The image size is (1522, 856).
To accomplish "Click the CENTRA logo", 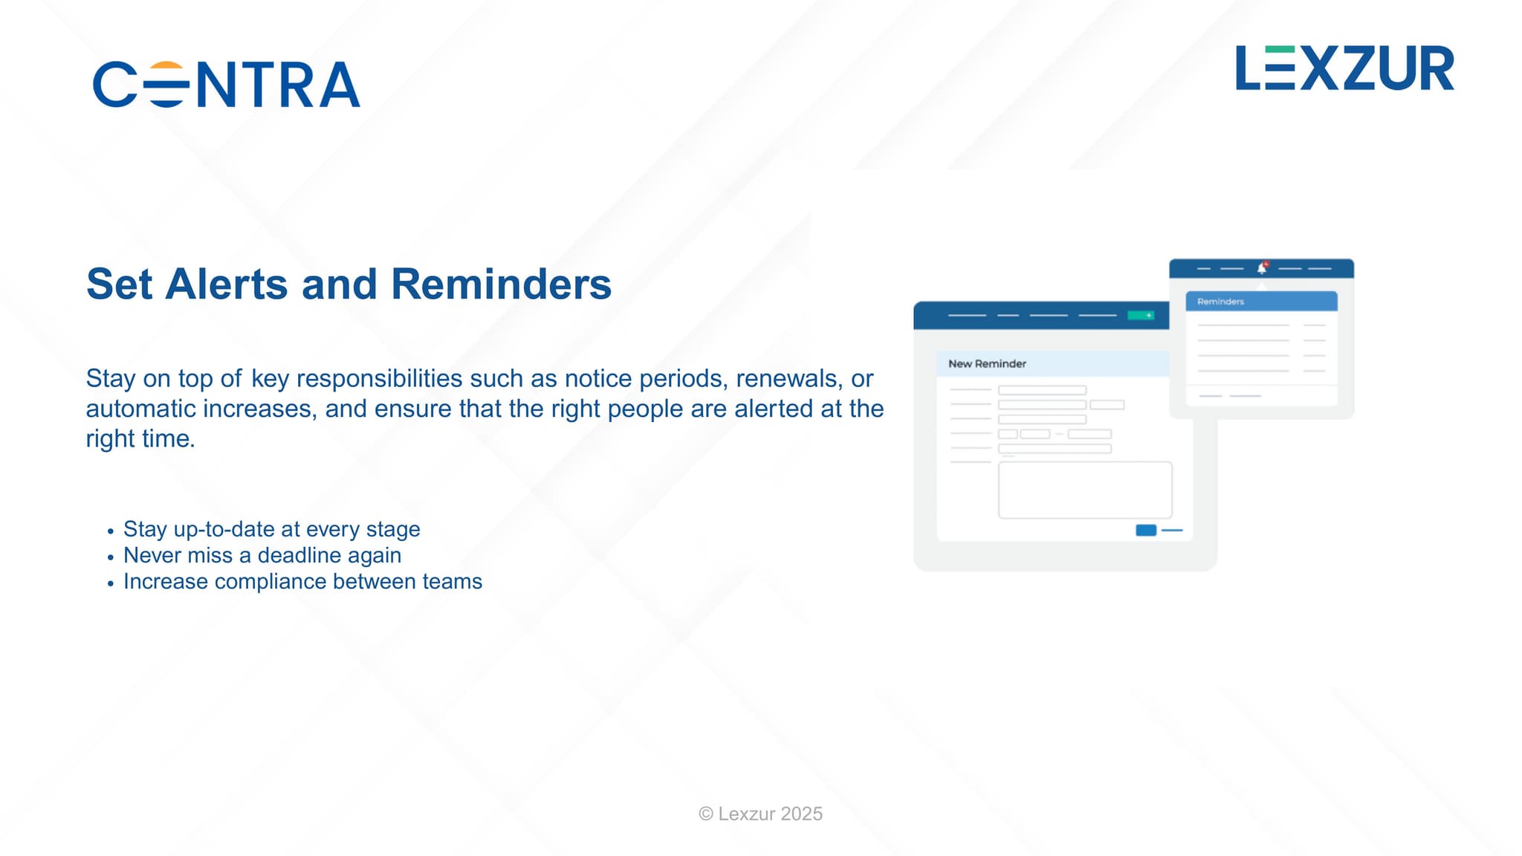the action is point(227,84).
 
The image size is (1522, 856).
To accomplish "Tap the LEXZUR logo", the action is point(1344,68).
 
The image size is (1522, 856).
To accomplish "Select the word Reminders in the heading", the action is point(501,284).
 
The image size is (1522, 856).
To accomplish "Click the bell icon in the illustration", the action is point(1261,267).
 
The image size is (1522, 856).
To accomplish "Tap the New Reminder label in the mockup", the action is point(987,363).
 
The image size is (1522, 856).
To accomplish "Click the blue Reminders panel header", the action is point(1261,301).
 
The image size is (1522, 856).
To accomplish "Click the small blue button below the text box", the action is point(1146,530).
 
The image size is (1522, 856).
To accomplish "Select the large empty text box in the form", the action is point(1085,490).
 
